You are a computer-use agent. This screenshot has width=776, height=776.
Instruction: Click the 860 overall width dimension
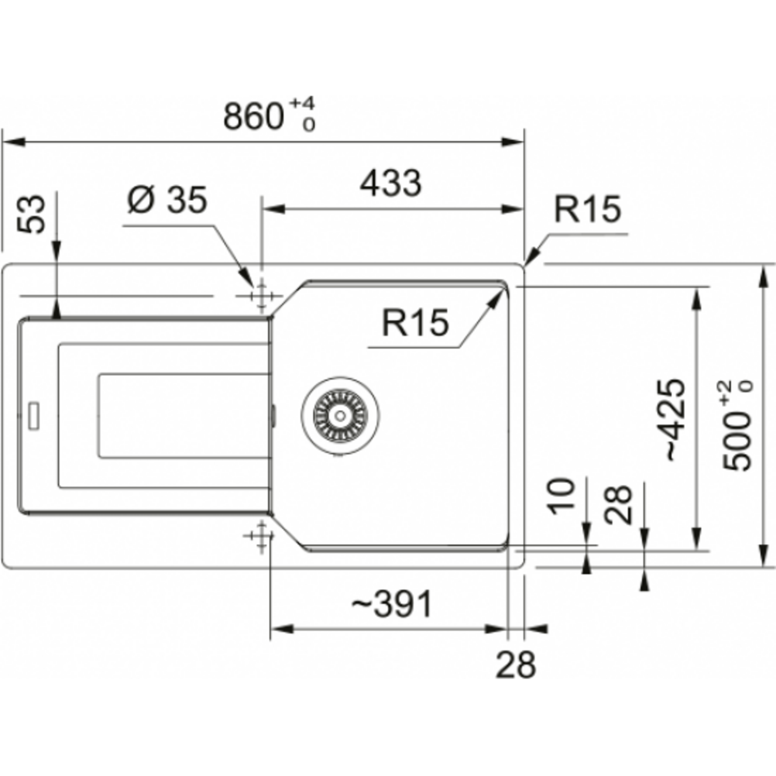[253, 116]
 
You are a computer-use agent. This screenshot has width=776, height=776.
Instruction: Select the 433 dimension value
[391, 184]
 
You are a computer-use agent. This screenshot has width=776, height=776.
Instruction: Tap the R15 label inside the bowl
[415, 322]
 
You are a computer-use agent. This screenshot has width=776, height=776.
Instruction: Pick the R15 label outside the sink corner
[587, 209]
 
